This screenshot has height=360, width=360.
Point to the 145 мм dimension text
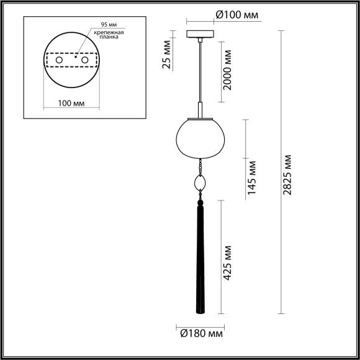pyautogui.click(x=251, y=178)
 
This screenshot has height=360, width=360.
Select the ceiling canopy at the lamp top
pyautogui.click(x=199, y=34)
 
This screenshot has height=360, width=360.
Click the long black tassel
pyautogui.click(x=200, y=261)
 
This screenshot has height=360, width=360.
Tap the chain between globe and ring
pyautogui.click(x=200, y=166)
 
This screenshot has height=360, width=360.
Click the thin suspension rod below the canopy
pyautogui.click(x=199, y=74)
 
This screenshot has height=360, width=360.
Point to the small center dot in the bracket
pyautogui.click(x=74, y=56)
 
